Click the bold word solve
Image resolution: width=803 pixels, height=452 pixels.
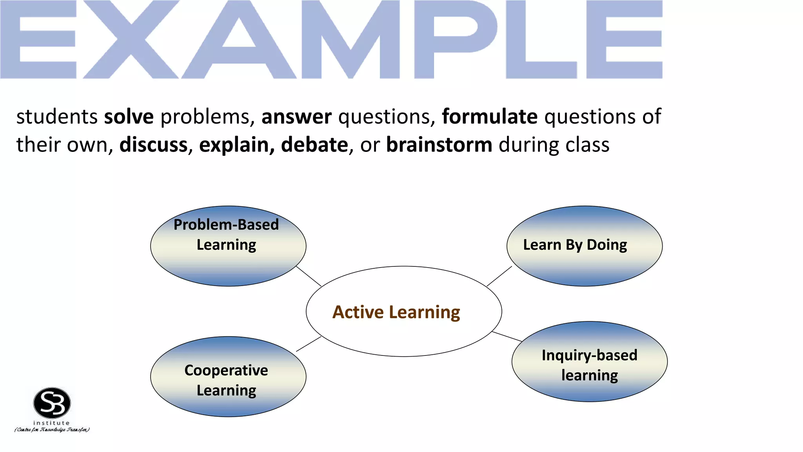click(x=129, y=117)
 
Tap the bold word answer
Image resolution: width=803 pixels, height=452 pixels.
click(x=296, y=117)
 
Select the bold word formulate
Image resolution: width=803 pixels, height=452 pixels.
click(x=489, y=117)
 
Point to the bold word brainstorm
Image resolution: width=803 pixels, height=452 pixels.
click(x=439, y=145)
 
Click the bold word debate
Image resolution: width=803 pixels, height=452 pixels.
click(x=314, y=145)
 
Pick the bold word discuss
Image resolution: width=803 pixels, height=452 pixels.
click(x=153, y=145)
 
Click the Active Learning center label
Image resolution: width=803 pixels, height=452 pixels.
click(x=396, y=312)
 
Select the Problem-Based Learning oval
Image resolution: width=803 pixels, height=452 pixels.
click(x=228, y=259)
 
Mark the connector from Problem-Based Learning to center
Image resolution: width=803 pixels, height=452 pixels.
click(x=309, y=276)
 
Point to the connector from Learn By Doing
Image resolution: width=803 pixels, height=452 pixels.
click(x=499, y=276)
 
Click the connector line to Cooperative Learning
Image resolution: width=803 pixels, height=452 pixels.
click(x=309, y=344)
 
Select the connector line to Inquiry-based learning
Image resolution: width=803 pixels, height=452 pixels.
click(x=507, y=336)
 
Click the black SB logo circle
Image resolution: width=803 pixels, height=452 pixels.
click(x=52, y=403)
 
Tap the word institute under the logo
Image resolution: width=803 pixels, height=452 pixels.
click(x=51, y=423)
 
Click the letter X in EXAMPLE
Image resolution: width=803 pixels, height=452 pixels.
click(x=131, y=39)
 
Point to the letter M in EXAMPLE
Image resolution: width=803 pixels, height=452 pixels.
click(x=351, y=39)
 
